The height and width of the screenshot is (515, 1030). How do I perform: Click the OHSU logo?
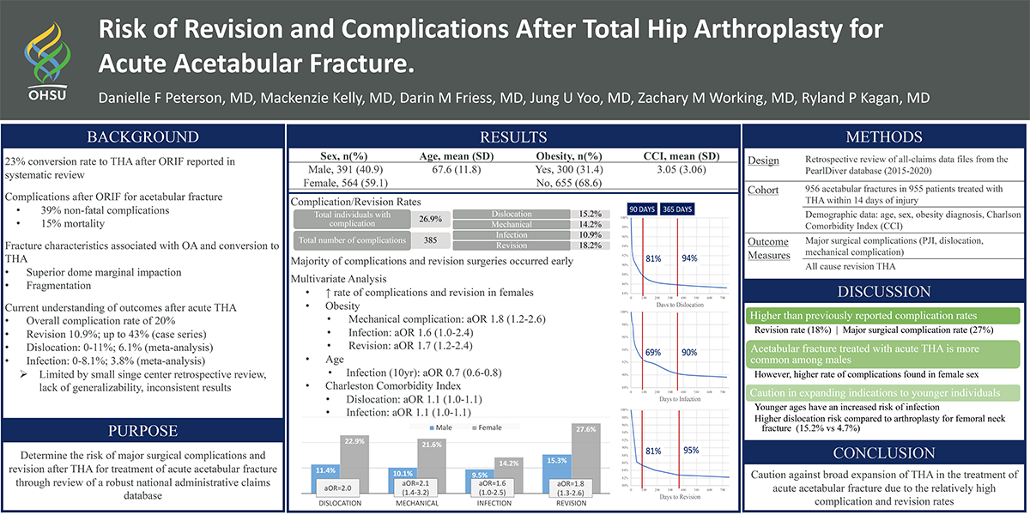point(45,59)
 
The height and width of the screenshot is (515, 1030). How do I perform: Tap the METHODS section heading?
point(884,137)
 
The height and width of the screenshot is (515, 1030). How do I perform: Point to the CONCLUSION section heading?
point(884,452)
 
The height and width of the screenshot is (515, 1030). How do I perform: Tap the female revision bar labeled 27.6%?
point(585,463)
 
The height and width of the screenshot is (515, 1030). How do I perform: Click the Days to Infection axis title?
point(677,399)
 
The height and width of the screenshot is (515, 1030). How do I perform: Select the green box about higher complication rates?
point(883,316)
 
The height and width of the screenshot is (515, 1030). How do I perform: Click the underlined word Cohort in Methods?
point(763,191)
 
